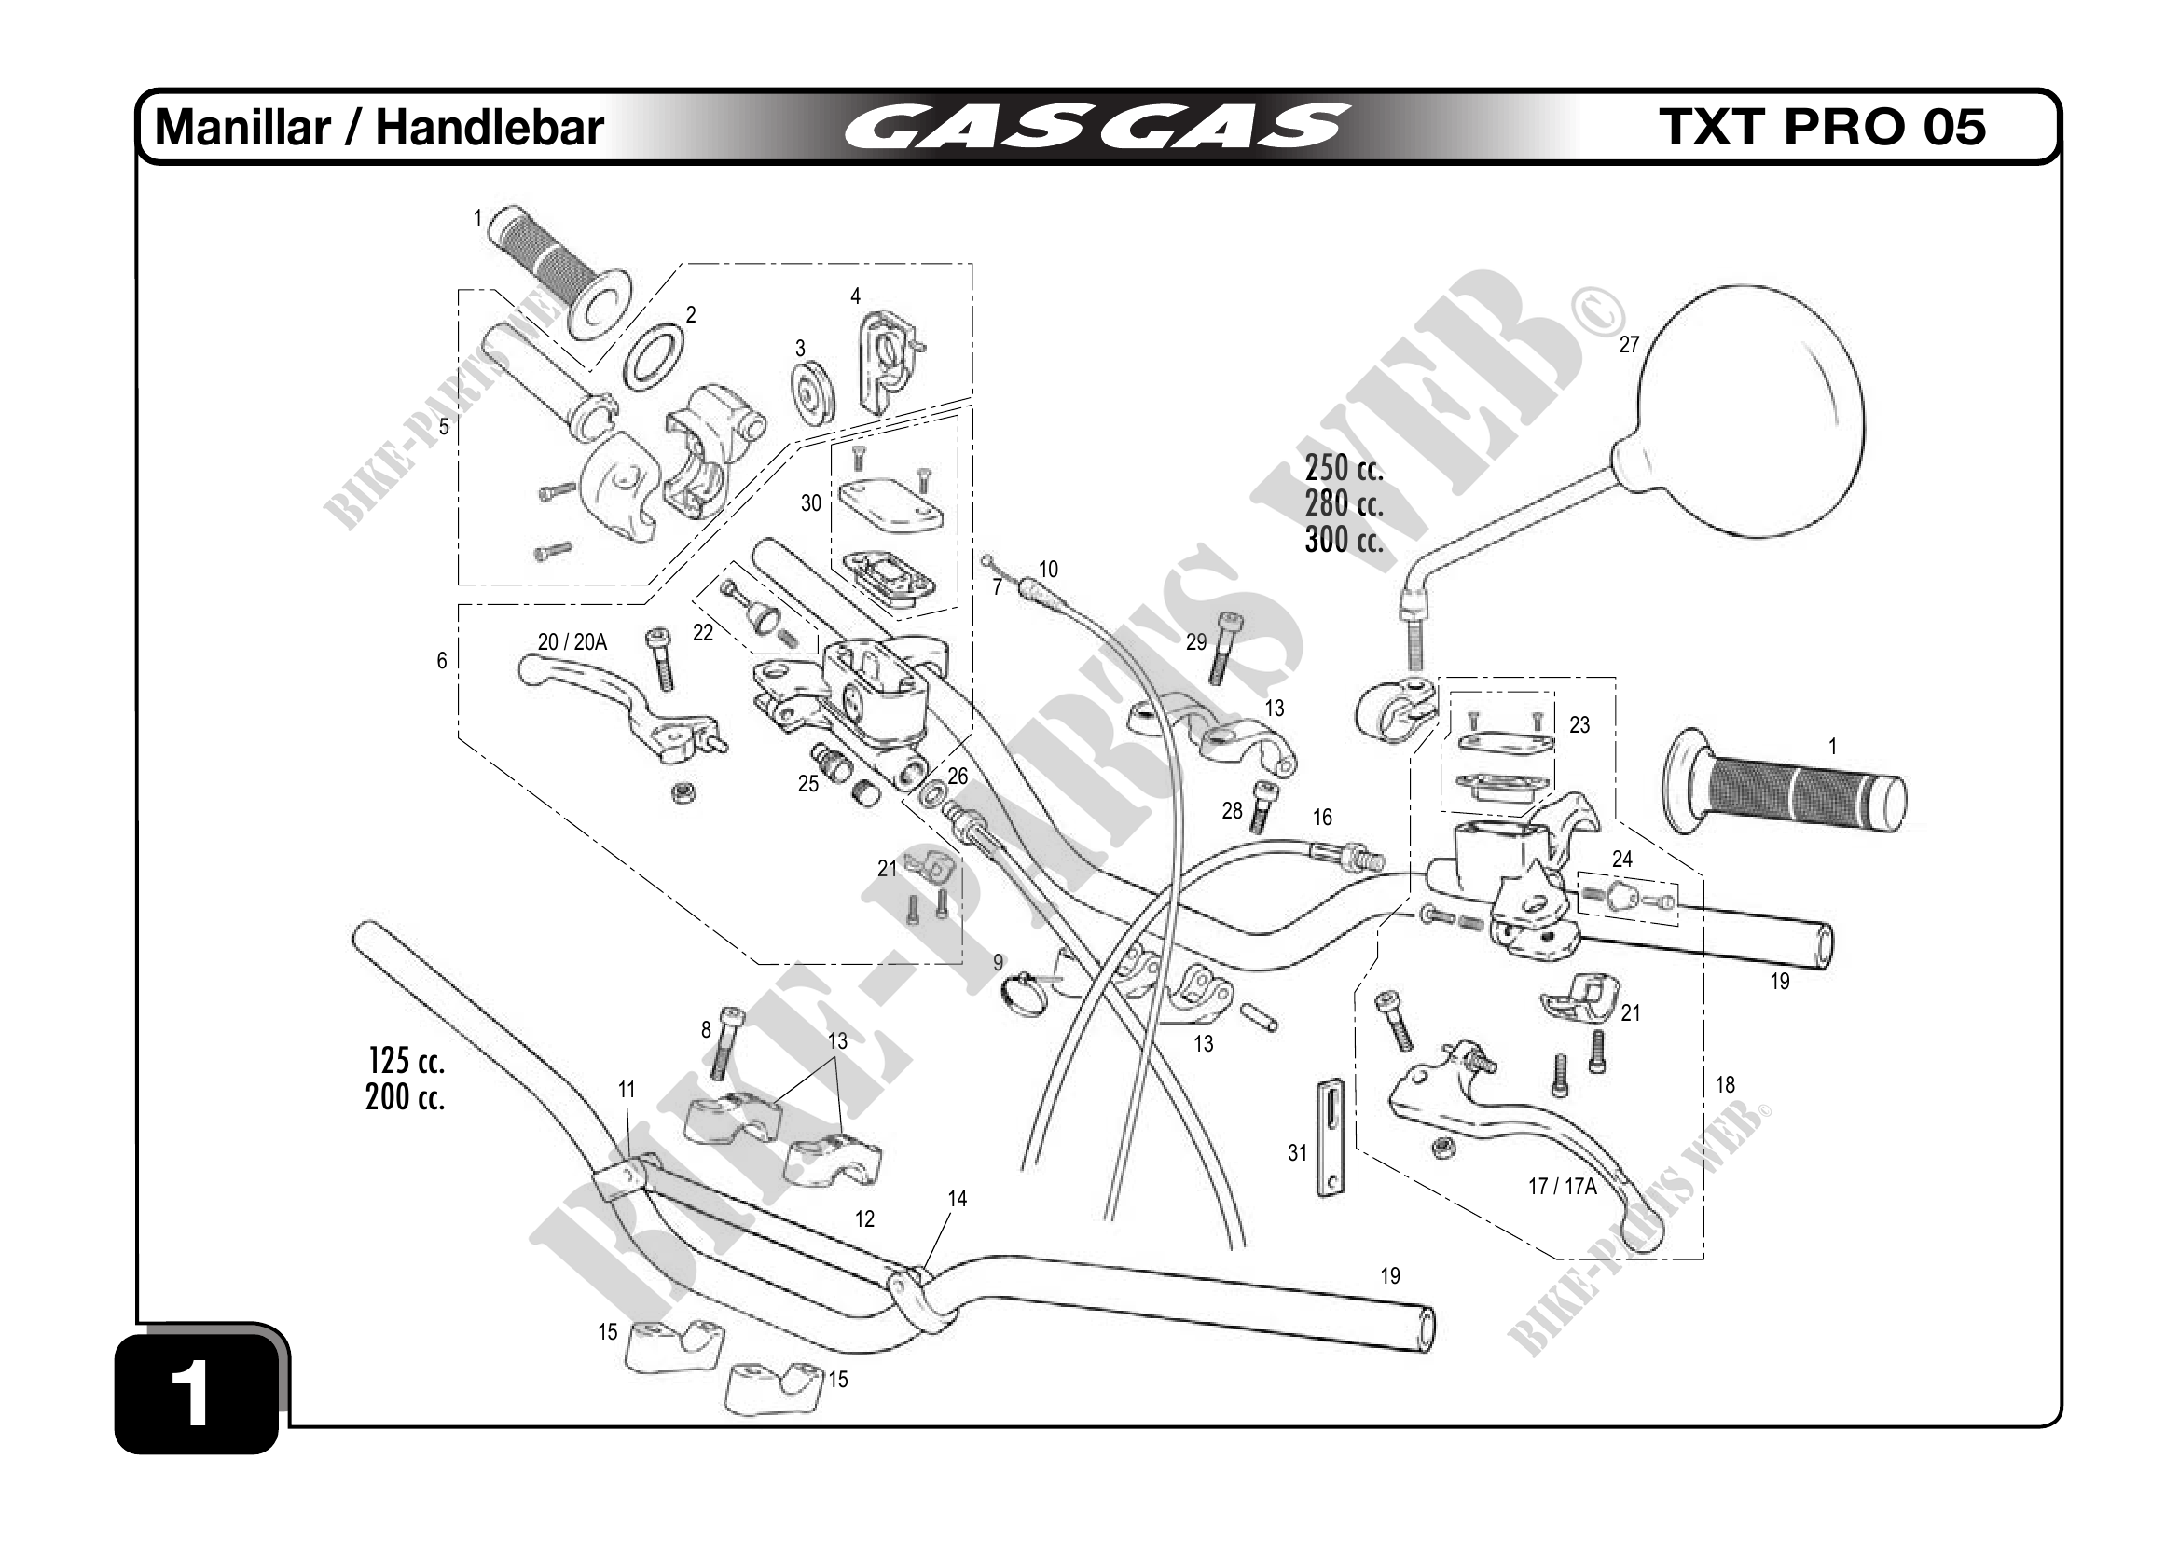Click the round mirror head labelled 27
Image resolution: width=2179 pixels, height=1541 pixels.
click(x=1752, y=415)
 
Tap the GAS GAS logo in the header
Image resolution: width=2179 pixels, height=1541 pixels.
click(x=1096, y=127)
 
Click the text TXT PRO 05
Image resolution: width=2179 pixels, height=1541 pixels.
click(x=1822, y=127)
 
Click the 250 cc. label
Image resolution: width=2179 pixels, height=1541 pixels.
click(x=1343, y=468)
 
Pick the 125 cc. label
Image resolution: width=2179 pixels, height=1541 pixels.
click(x=407, y=1060)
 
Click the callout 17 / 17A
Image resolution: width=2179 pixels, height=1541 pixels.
click(x=1562, y=1186)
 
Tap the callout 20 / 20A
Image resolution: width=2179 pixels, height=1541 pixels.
click(x=572, y=642)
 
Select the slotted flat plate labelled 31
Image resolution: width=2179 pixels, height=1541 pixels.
click(x=1330, y=1137)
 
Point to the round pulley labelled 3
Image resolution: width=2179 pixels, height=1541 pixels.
click(x=813, y=392)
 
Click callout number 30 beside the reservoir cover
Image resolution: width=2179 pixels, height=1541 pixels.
click(x=810, y=502)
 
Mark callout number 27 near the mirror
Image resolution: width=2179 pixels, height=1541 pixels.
click(x=1629, y=345)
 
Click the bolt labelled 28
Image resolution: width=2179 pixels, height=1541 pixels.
click(x=1263, y=807)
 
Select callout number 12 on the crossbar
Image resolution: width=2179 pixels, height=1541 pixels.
click(x=863, y=1219)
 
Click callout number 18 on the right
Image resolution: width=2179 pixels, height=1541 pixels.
click(x=1724, y=1084)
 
